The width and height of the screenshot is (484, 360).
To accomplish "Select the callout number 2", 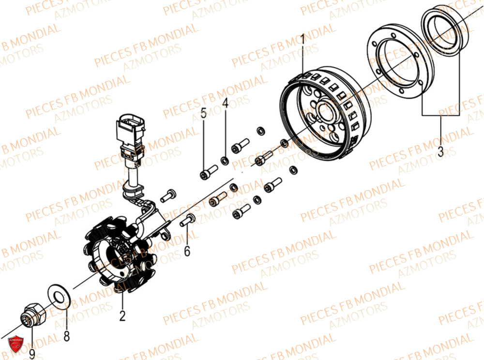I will tap(122, 316).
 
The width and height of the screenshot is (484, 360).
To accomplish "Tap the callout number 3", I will tap(440, 151).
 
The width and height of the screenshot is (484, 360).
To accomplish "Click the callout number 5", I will tap(204, 114).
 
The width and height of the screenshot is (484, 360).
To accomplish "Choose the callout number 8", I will tap(67, 334).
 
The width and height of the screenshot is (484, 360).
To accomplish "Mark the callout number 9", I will tap(32, 354).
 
